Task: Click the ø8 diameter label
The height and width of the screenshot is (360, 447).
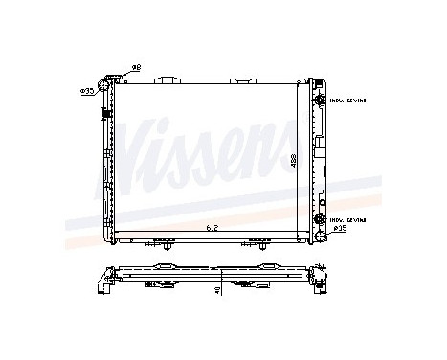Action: [136, 66]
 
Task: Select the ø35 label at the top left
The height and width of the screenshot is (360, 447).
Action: [87, 91]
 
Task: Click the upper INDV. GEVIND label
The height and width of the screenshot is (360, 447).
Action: [347, 99]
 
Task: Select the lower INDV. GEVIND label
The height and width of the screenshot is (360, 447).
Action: [347, 219]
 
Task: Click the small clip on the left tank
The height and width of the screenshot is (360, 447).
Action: [101, 113]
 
